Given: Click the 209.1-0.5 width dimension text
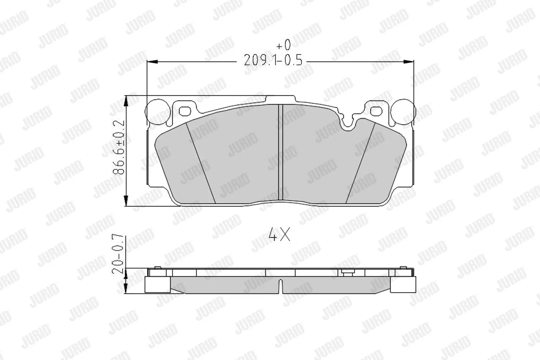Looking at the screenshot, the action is click(273, 60).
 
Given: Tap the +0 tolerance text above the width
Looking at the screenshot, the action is click(283, 45).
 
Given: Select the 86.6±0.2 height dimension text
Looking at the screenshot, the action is click(119, 147).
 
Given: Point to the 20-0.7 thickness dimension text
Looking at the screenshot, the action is click(118, 254).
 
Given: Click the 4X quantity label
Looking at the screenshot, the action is click(279, 234).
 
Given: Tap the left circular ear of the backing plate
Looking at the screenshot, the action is click(158, 112).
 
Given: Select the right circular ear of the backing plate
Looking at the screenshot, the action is click(403, 112).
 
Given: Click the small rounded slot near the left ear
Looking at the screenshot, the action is click(185, 111).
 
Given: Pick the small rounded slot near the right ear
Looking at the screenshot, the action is click(376, 111).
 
